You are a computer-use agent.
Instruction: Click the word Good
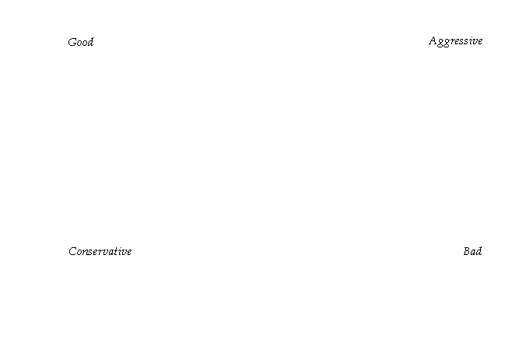click(x=81, y=42)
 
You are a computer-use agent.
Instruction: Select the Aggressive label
click(x=455, y=41)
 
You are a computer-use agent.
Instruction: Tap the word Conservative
click(x=100, y=251)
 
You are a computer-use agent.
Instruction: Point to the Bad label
click(x=472, y=251)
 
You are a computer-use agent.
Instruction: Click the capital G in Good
click(x=72, y=42)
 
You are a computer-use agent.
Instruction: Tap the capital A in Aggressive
click(x=433, y=41)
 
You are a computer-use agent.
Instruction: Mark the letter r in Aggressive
click(x=452, y=42)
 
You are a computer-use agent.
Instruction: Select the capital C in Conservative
click(x=72, y=251)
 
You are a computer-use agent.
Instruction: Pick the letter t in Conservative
click(x=118, y=251)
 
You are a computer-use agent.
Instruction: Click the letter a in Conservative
click(x=112, y=252)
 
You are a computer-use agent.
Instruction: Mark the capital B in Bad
click(x=467, y=251)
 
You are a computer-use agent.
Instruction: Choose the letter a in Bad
click(x=473, y=253)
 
